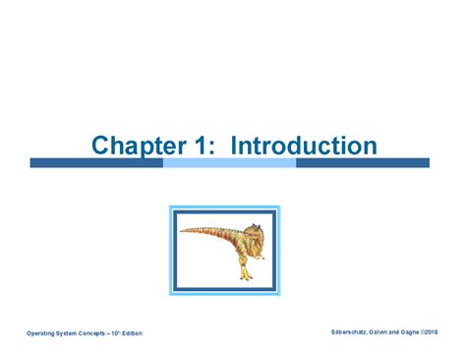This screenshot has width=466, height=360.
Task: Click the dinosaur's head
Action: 253,233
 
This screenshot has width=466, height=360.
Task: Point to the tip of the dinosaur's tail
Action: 184,237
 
